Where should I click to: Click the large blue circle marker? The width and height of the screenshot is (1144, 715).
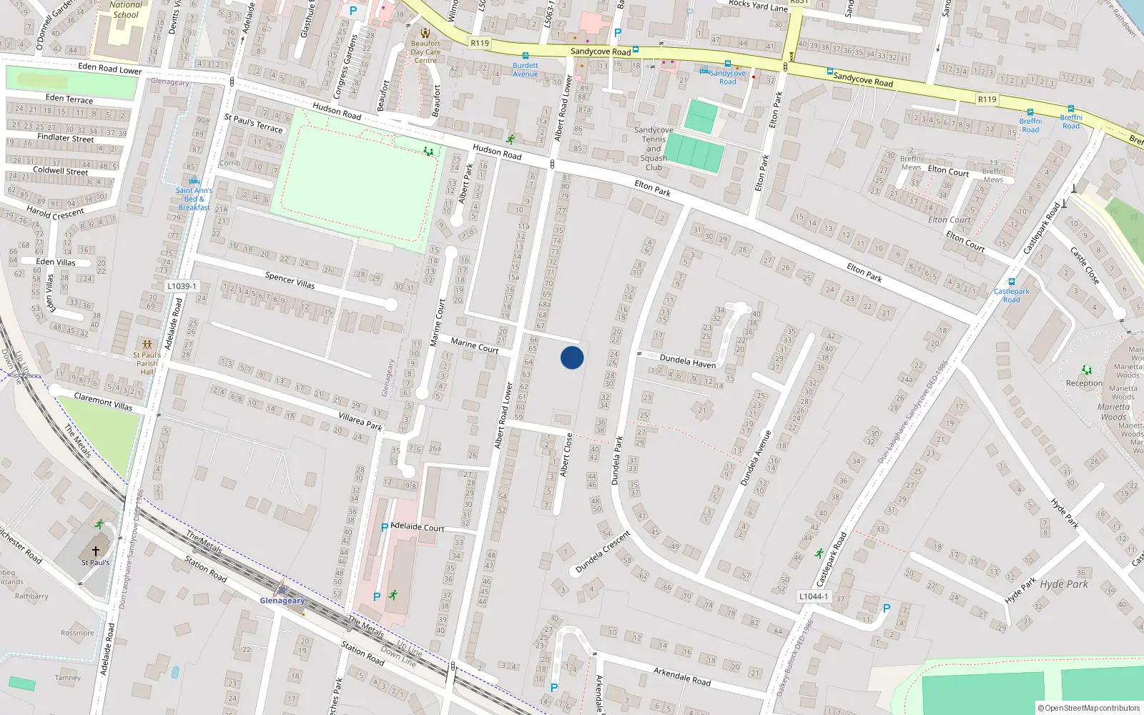tap(572, 357)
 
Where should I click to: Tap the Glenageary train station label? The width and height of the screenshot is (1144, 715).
tap(282, 601)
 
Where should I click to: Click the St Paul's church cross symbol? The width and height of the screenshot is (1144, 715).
tap(96, 551)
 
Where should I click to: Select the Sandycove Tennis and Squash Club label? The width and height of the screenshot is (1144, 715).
tap(654, 149)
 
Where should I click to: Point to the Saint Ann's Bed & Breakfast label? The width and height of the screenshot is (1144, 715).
tap(194, 199)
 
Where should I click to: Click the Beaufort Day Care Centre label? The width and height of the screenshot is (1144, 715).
tap(425, 51)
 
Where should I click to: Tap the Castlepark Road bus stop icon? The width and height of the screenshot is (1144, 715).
tap(1011, 282)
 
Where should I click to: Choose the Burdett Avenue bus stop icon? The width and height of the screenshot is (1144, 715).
tap(526, 56)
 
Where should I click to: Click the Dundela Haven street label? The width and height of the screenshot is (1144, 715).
tap(687, 361)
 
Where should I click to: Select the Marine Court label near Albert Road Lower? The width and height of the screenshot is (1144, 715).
tap(474, 345)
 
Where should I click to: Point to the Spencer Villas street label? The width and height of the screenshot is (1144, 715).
tap(290, 280)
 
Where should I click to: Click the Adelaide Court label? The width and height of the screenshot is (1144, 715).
tap(418, 527)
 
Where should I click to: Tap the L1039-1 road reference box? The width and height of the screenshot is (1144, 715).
tap(182, 286)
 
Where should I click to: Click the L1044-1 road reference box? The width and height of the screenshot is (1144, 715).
tap(814, 596)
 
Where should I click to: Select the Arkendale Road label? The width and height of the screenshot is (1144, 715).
tap(681, 676)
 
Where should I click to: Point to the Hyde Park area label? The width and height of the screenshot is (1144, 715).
tap(1064, 584)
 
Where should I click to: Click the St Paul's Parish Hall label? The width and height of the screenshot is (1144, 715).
tap(147, 363)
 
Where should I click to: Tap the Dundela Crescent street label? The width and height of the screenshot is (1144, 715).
tap(603, 551)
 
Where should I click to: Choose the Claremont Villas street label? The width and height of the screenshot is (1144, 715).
tap(104, 401)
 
